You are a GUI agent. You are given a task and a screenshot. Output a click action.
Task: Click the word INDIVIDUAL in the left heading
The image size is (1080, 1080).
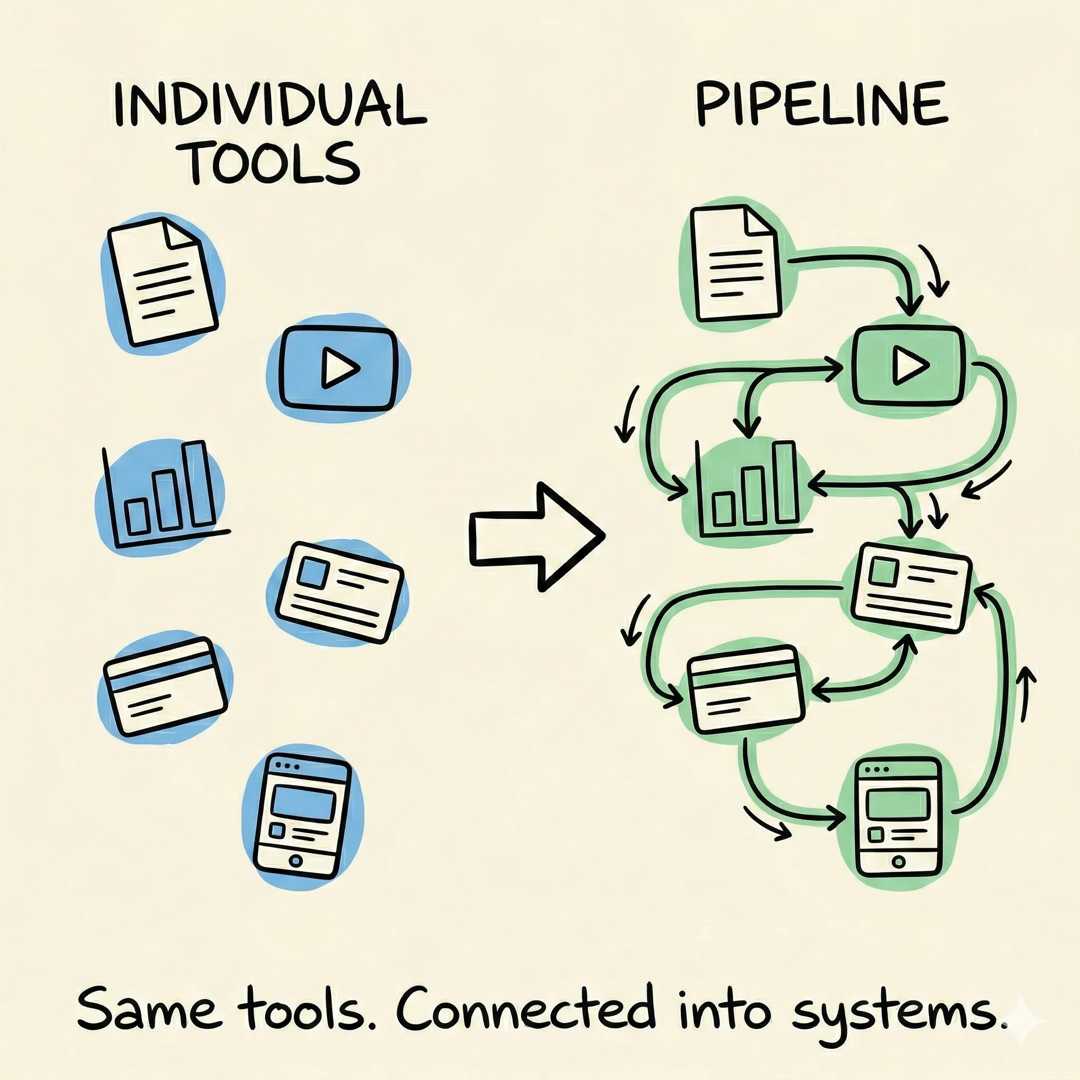268,104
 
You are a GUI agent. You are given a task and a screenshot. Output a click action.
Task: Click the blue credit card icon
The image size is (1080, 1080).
166,687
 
